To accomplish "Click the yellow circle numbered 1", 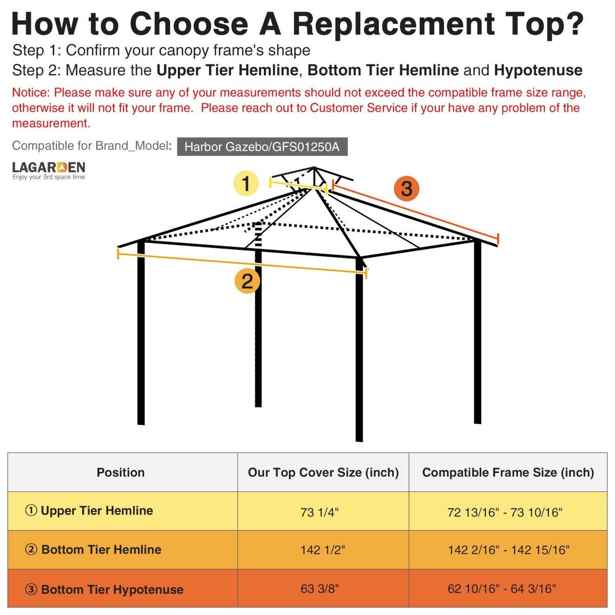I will pyautogui.click(x=246, y=183).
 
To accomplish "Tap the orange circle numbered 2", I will pyautogui.click(x=247, y=281).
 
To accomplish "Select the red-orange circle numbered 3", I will pyautogui.click(x=406, y=188).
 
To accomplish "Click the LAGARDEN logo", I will pyautogui.click(x=49, y=171).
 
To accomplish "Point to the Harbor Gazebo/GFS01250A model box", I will pyautogui.click(x=262, y=147).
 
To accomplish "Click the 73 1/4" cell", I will pyautogui.click(x=320, y=512).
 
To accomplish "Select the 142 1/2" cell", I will pyautogui.click(x=323, y=550).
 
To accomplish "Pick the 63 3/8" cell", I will pyautogui.click(x=320, y=589).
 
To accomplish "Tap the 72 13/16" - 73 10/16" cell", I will pyautogui.click(x=505, y=512).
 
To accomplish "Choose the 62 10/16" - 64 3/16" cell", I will pyautogui.click(x=502, y=589).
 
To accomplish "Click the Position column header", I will pyautogui.click(x=121, y=473).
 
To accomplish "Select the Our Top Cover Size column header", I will pyautogui.click(x=323, y=473).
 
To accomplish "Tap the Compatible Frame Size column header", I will pyautogui.click(x=508, y=473).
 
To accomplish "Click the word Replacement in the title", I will pyautogui.click(x=394, y=24).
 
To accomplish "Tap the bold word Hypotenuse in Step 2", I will pyautogui.click(x=538, y=70).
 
